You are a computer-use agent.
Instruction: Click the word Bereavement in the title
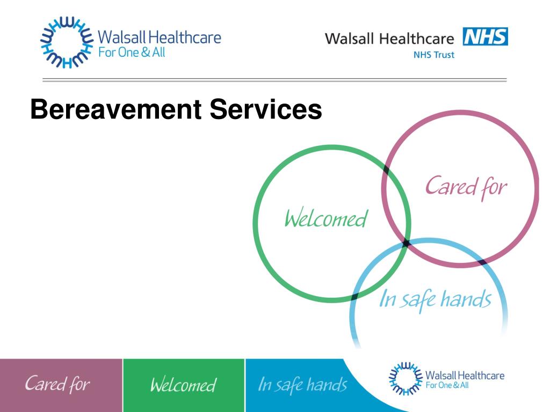(x=115, y=109)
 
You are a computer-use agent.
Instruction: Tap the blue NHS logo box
(x=484, y=37)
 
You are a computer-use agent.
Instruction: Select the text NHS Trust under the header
(x=434, y=55)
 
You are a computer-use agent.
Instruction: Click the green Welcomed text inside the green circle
(x=325, y=219)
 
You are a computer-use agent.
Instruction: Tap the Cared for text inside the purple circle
(x=466, y=187)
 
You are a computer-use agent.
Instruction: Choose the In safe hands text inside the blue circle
(x=435, y=299)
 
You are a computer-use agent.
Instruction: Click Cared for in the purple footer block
(x=57, y=384)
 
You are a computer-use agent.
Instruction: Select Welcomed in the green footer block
(x=183, y=385)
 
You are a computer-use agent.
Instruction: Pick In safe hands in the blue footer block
(x=302, y=385)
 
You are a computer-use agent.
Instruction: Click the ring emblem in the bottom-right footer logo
(x=404, y=379)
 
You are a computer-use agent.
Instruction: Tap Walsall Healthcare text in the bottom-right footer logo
(x=465, y=375)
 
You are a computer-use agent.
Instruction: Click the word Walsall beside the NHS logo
(x=350, y=39)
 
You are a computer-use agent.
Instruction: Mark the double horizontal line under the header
(x=274, y=80)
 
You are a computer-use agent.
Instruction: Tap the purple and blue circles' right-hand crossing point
(x=483, y=262)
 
